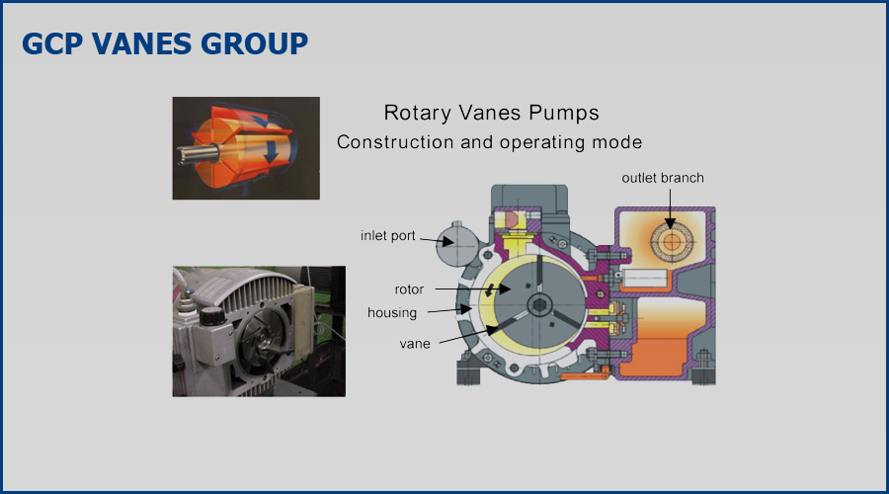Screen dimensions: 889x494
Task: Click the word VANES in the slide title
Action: click(141, 43)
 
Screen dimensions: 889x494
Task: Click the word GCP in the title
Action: click(52, 43)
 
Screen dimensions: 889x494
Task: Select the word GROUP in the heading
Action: click(255, 43)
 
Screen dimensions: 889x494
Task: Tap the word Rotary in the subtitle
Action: click(417, 113)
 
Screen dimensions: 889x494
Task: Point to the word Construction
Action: click(395, 142)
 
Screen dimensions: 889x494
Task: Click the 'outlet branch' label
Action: click(663, 178)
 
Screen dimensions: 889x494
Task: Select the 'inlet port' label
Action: click(388, 236)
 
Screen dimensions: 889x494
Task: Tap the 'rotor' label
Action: click(409, 289)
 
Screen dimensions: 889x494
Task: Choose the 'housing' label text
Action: click(392, 313)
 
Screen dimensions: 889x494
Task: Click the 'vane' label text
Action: click(415, 344)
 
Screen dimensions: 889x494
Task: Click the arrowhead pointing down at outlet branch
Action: click(670, 224)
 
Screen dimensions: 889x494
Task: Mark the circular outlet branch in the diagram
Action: click(672, 242)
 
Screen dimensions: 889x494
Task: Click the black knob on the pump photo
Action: click(212, 316)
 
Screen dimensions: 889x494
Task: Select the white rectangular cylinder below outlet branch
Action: click(645, 278)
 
